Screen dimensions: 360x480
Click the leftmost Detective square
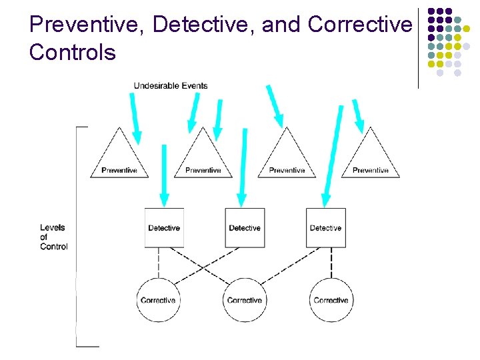pyautogui.click(x=164, y=228)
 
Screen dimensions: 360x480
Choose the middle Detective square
pyautogui.click(x=245, y=228)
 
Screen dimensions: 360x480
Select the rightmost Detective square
pyautogui.click(x=326, y=228)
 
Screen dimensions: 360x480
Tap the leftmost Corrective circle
pyautogui.click(x=158, y=300)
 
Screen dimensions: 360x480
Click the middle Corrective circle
pyautogui.click(x=245, y=300)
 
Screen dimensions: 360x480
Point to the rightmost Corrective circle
pyautogui.click(x=331, y=300)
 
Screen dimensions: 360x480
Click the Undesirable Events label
pyautogui.click(x=171, y=85)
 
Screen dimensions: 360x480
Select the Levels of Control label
pyautogui.click(x=53, y=237)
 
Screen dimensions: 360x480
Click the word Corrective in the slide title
pyautogui.click(x=361, y=25)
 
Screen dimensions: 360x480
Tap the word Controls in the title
pyautogui.click(x=73, y=52)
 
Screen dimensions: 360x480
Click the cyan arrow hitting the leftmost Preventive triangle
pyautogui.click(x=135, y=119)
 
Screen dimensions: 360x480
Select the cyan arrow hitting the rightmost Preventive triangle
pyautogui.click(x=359, y=115)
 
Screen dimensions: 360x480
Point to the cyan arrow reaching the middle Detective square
pyautogui.click(x=243, y=167)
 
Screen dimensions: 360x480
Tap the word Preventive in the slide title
pyautogui.click(x=87, y=25)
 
